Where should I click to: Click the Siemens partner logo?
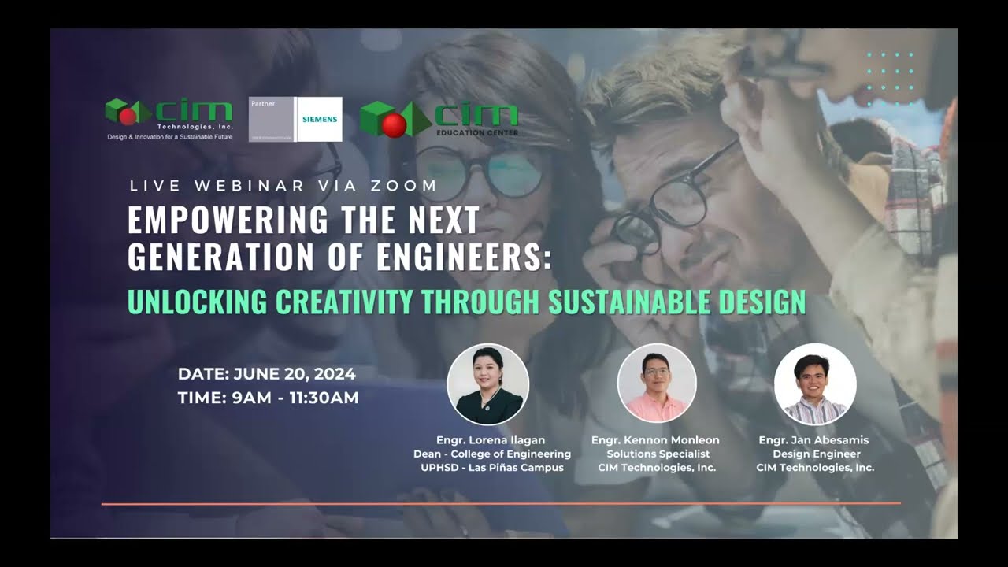[295, 119]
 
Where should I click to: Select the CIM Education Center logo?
[439, 119]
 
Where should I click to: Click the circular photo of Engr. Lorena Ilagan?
[487, 384]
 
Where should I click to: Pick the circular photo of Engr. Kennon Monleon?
[657, 384]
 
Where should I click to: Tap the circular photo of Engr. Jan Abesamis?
[815, 384]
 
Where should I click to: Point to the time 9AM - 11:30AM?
[295, 398]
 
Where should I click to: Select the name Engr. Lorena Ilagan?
[491, 439]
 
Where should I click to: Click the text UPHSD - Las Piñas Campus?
[492, 467]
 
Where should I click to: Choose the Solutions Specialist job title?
[658, 454]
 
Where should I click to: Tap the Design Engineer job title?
[816, 454]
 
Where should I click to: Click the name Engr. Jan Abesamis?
[816, 439]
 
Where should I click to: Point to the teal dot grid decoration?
[890, 78]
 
